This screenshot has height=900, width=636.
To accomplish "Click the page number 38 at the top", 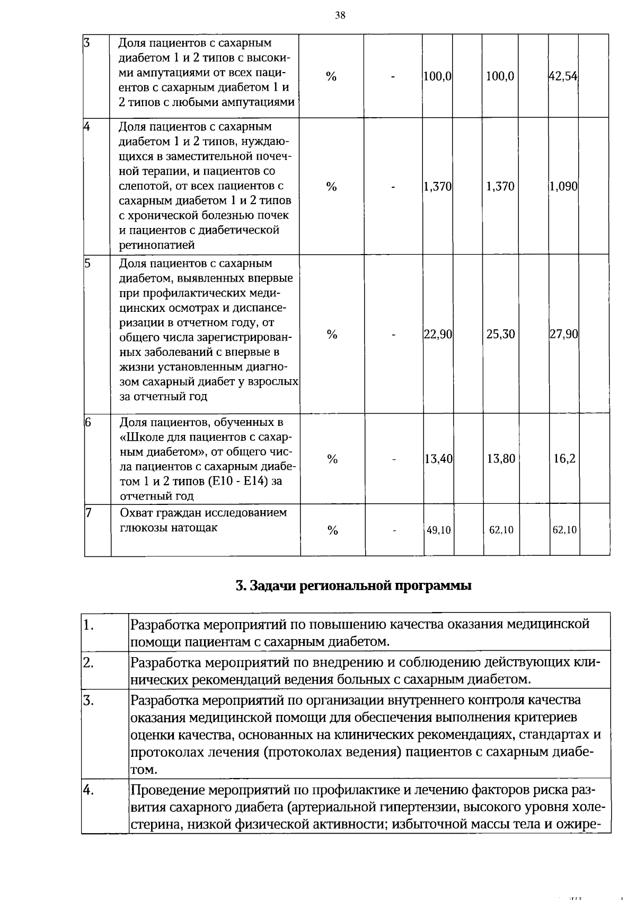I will [340, 15].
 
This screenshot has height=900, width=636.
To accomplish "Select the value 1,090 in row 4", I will [563, 187].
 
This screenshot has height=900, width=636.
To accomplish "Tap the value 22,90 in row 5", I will [438, 334].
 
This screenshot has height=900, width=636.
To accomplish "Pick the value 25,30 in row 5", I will [501, 334].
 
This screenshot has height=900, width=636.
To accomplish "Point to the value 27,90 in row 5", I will [564, 334].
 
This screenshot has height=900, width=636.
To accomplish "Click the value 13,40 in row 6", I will [438, 459].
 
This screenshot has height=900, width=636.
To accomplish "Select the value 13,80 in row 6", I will [501, 459].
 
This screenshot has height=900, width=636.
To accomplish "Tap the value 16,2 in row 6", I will [564, 459].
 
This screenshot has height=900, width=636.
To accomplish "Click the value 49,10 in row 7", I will [439, 530].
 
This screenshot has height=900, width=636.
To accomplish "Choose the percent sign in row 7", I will [332, 530].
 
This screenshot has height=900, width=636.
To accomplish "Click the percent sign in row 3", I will [331, 77].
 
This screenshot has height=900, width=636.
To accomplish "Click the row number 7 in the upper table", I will [89, 512].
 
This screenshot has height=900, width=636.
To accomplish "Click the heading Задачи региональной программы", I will [354, 586].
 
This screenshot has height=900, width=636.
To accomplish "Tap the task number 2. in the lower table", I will [89, 662].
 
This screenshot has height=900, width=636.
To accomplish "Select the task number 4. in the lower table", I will [89, 790].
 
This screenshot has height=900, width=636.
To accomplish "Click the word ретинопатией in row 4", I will [156, 245].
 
